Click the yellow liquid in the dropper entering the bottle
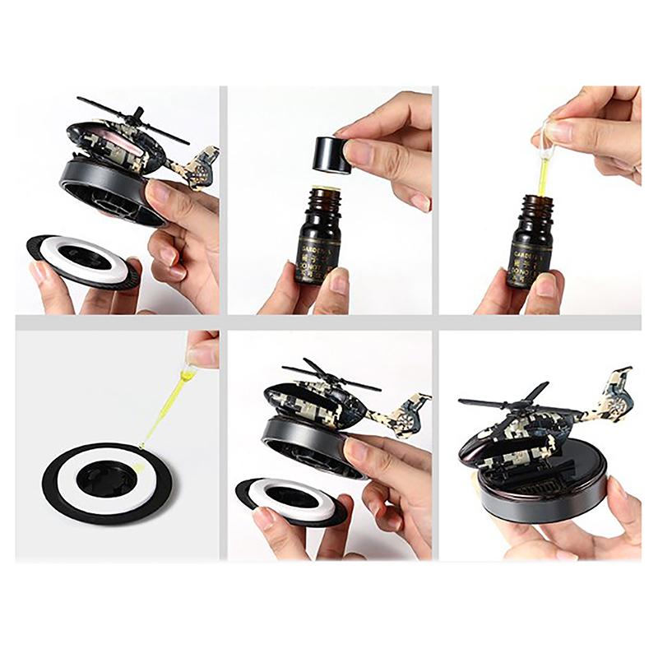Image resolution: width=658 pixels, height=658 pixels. pos(544,177)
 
